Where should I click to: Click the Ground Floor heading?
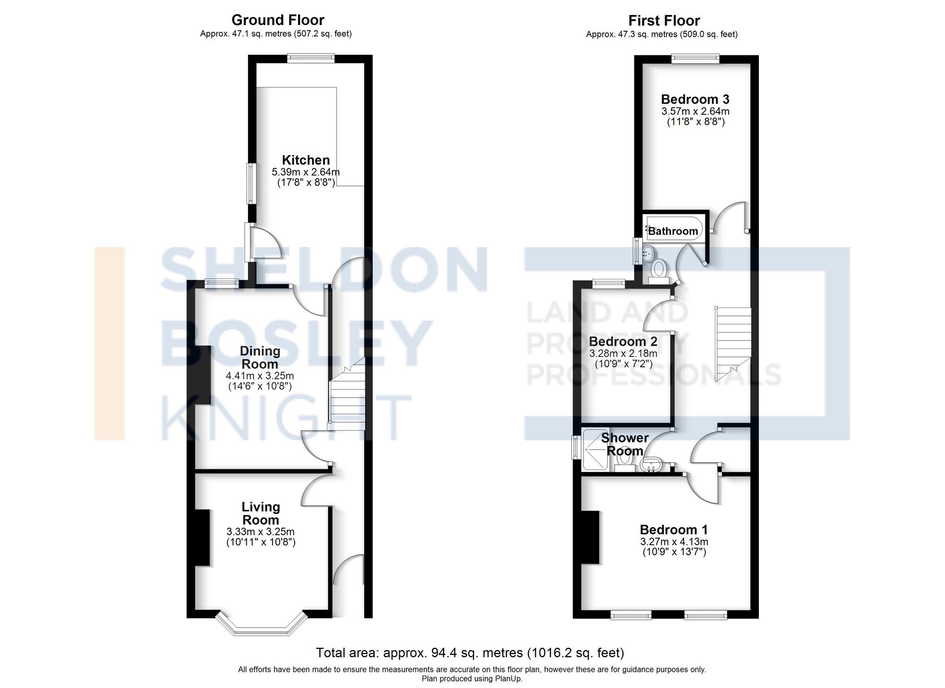278,20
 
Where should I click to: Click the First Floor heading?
664,21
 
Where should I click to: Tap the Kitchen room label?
306,160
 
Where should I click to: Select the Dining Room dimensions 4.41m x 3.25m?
260,376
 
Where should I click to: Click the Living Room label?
260,514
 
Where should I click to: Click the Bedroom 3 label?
695,99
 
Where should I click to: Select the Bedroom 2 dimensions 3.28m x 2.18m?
623,354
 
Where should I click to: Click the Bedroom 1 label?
674,530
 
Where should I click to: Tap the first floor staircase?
733,343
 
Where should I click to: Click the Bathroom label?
673,231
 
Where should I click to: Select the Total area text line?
470,653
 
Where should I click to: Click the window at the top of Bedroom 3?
696,59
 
